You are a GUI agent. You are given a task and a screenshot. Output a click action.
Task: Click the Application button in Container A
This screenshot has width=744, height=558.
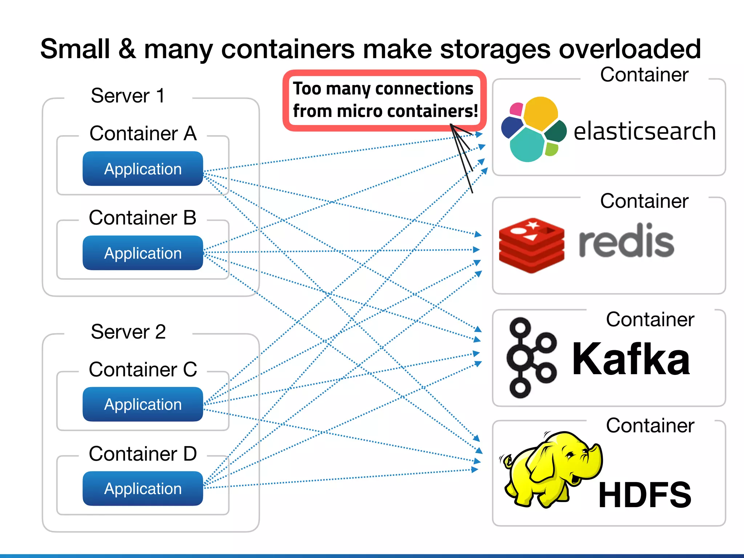pyautogui.click(x=143, y=169)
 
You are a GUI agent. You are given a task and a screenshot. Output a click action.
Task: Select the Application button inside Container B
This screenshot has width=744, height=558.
pyautogui.click(x=143, y=253)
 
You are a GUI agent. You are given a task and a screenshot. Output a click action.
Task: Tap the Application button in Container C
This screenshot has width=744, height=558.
pyautogui.click(x=143, y=404)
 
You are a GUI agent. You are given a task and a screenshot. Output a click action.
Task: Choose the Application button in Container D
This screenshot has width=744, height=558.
pyautogui.click(x=143, y=489)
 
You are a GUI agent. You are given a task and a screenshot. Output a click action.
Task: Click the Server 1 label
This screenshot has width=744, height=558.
pyautogui.click(x=128, y=96)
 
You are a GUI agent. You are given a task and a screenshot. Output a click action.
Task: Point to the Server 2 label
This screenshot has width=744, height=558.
pyautogui.click(x=128, y=332)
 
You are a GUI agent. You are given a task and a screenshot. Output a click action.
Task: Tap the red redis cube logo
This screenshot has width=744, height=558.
pyautogui.click(x=531, y=246)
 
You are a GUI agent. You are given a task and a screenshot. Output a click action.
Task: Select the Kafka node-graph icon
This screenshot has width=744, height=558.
pyautogui.click(x=531, y=358)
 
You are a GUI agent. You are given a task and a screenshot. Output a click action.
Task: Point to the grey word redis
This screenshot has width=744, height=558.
pyautogui.click(x=626, y=241)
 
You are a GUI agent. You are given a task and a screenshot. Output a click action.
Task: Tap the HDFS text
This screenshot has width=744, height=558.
pyautogui.click(x=644, y=495)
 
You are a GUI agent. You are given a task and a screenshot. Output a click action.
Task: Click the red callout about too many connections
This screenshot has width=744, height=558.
pyautogui.click(x=385, y=100)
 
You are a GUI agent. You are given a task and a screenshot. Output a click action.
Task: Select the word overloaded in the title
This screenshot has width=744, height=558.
pyautogui.click(x=630, y=49)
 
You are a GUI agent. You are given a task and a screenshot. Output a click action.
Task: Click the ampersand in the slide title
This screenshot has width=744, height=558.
pyautogui.click(x=127, y=49)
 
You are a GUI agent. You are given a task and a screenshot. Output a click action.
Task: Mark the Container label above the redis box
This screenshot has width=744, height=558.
pyautogui.click(x=644, y=201)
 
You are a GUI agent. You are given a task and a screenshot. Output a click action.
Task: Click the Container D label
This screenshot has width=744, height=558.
pyautogui.click(x=143, y=454)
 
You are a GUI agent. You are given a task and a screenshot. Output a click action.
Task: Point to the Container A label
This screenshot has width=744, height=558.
pyautogui.click(x=143, y=133)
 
